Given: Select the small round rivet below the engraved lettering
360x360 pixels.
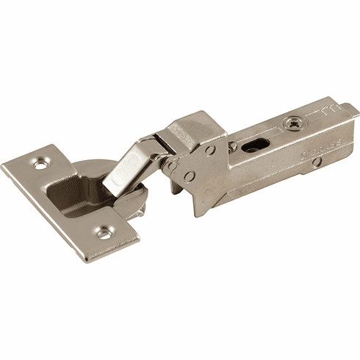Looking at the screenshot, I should tap(315, 162).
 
